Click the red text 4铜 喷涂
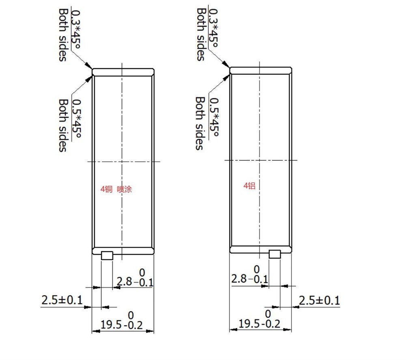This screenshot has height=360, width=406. pyautogui.click(x=116, y=189)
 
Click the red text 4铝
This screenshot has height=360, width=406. pyautogui.click(x=249, y=185)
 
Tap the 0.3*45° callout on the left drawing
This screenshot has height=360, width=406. pyautogui.click(x=76, y=29)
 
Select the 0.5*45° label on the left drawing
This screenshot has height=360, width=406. pyautogui.click(x=76, y=119)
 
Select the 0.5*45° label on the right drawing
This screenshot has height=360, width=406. pyautogui.click(x=214, y=117)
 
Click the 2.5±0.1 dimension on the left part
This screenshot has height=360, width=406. pyautogui.click(x=62, y=300)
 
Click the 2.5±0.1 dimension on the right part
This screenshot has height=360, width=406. pyautogui.click(x=319, y=300)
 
